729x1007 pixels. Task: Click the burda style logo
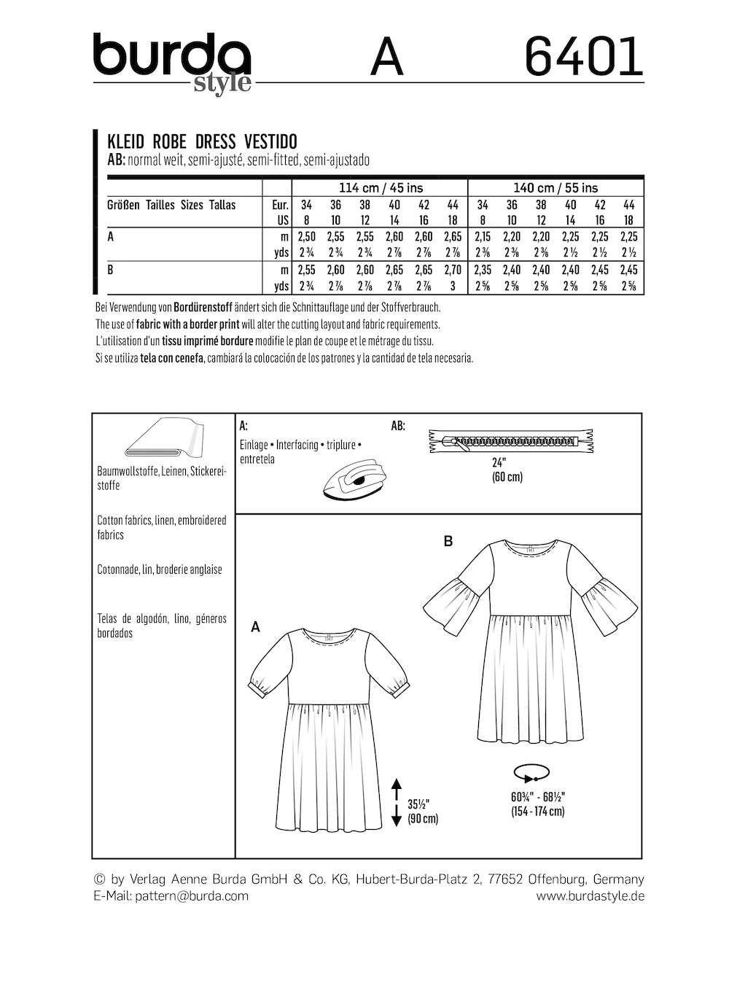pos(173,62)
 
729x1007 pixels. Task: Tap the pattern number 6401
pos(584,57)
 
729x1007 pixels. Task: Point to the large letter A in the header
pos(386,58)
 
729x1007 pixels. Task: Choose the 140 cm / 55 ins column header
pos(555,187)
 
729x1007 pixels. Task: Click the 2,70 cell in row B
pos(453,270)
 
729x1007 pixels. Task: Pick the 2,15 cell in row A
pos(483,237)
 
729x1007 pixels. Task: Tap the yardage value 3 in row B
pos(453,286)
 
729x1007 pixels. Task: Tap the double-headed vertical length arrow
pos(397,802)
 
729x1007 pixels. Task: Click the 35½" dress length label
pos(418,804)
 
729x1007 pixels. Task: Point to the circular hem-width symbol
pos(531,773)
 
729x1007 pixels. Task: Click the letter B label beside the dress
pos(448,541)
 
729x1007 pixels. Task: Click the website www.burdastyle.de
pos(590,896)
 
